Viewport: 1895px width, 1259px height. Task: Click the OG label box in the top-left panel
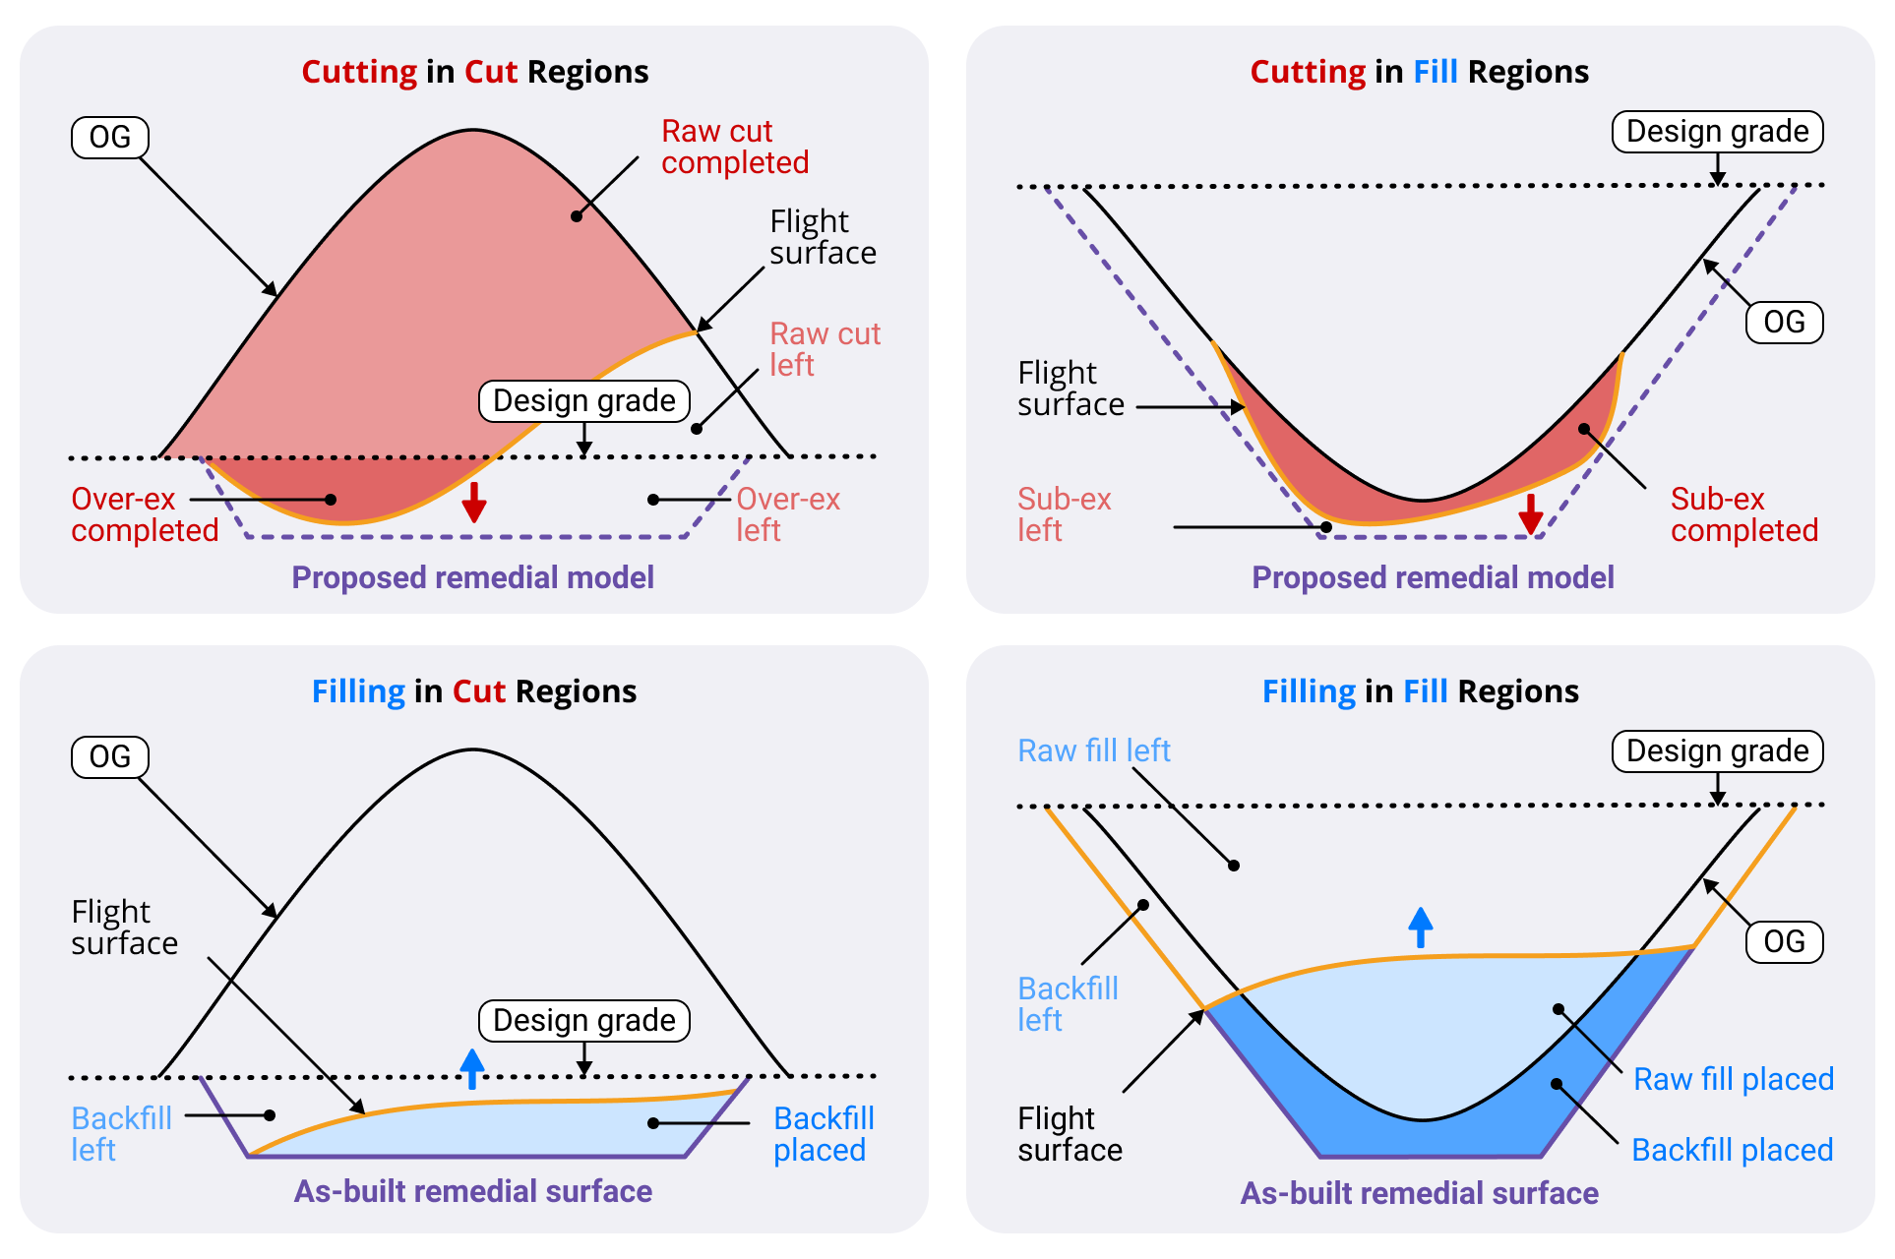tap(109, 138)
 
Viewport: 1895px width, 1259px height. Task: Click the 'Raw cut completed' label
tap(734, 147)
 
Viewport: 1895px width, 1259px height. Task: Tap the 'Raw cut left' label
tap(824, 349)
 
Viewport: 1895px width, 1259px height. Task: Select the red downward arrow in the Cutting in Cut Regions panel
tap(474, 502)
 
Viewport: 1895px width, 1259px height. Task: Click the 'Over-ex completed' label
tap(144, 514)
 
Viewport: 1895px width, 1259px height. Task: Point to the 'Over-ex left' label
tap(787, 514)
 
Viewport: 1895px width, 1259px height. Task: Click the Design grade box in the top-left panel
tap(583, 401)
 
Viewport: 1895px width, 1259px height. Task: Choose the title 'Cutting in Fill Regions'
tap(1419, 72)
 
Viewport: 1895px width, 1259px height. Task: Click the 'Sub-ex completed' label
tap(1743, 514)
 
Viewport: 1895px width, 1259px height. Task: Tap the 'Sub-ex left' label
tap(1064, 514)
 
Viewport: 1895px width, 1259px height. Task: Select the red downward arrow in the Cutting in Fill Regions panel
tap(1530, 513)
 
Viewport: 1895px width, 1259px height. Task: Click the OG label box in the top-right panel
tap(1784, 323)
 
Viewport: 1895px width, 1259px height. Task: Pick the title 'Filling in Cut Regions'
tap(473, 691)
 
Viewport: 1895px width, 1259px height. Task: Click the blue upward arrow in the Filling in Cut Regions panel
tap(472, 1068)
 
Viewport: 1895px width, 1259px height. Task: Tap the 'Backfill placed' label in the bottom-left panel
tap(824, 1134)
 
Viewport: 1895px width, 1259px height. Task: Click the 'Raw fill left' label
tap(1093, 751)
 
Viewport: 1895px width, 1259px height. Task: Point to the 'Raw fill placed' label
tap(1733, 1079)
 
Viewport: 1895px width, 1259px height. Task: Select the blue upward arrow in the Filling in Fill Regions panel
tap(1420, 927)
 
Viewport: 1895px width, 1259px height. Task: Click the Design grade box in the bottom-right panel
tap(1717, 751)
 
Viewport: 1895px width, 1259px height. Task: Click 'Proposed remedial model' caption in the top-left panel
tap(472, 577)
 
